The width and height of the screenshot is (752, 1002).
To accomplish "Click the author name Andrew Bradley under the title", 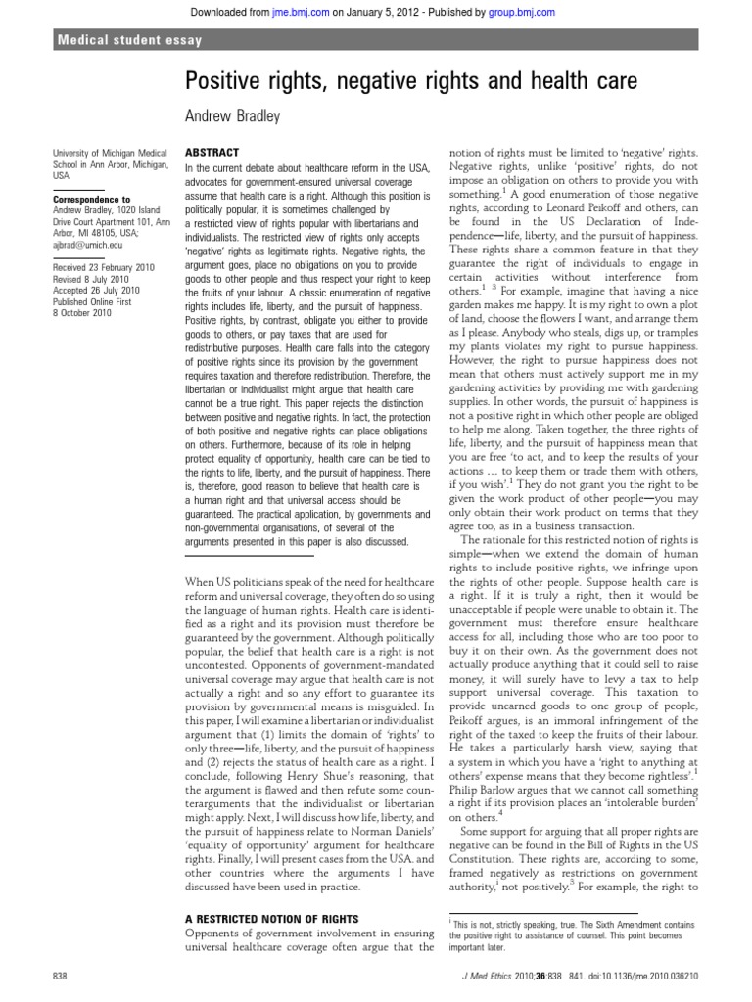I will pyautogui.click(x=232, y=116).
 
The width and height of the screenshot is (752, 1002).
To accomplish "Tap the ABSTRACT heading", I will pyautogui.click(x=211, y=154).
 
